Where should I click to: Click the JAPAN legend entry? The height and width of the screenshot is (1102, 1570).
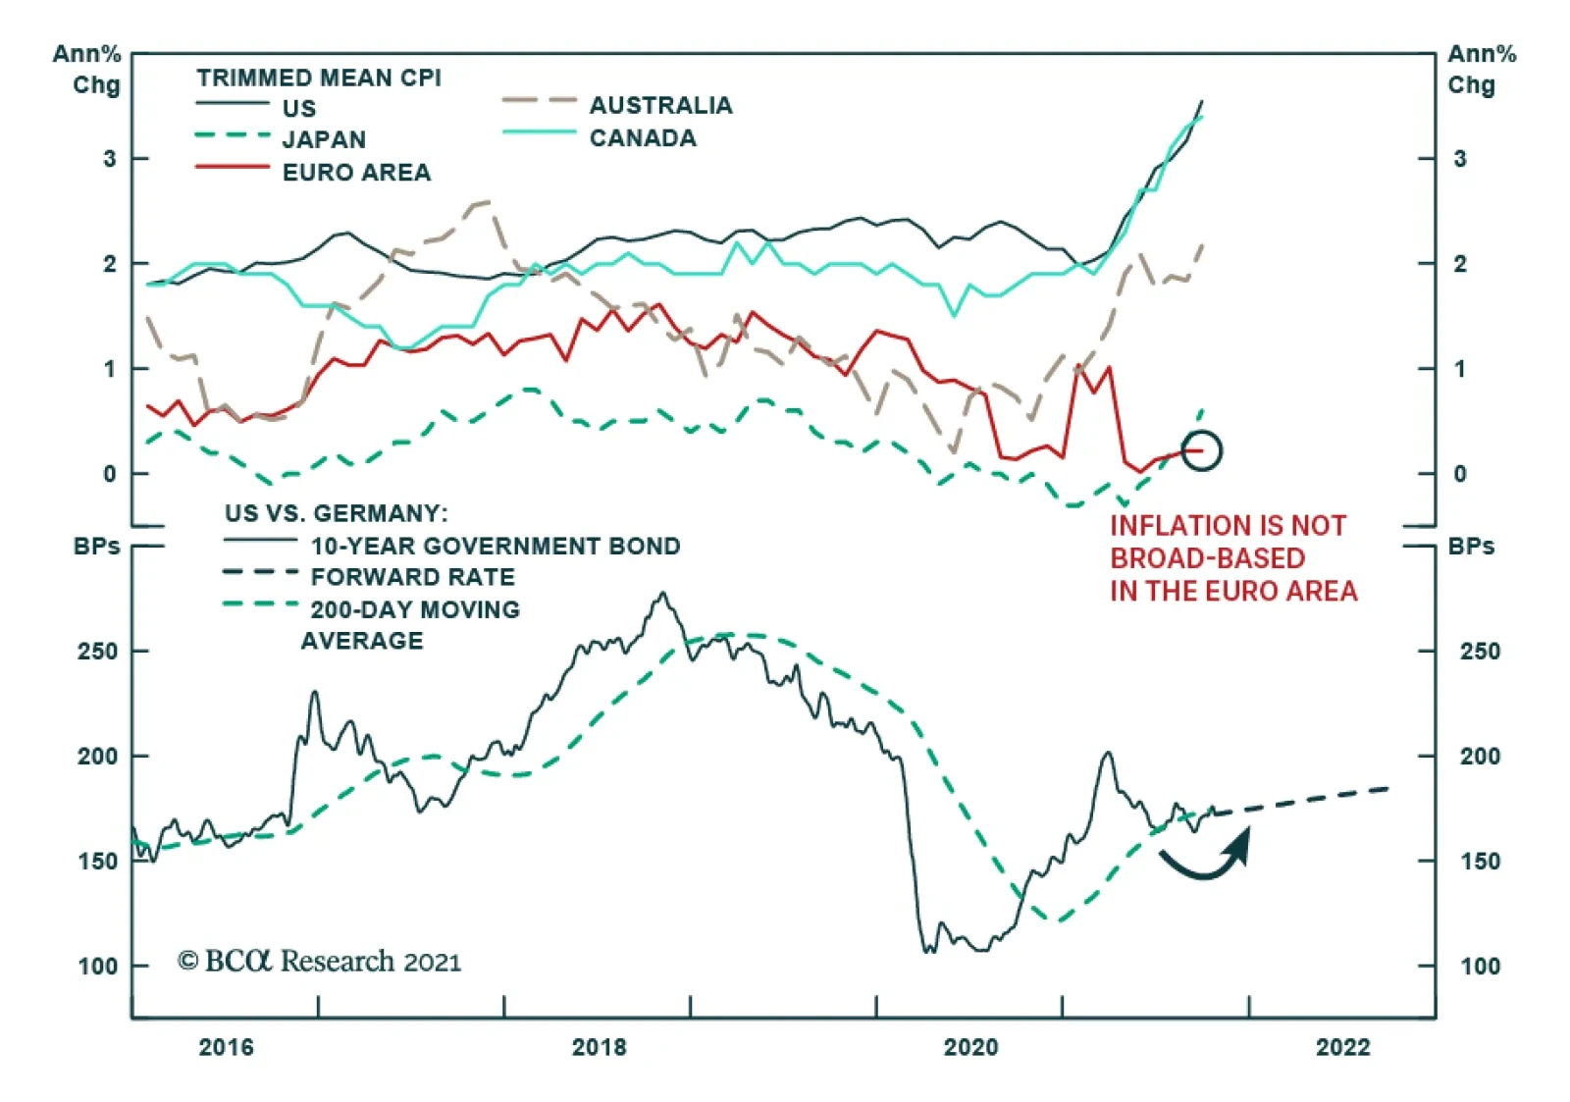coord(324,139)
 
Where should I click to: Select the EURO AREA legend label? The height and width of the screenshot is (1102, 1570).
coord(356,173)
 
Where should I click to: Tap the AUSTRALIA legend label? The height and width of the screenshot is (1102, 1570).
coord(660,106)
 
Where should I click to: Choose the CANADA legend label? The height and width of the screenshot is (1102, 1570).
coord(643,138)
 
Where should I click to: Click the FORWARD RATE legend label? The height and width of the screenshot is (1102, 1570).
coord(412,577)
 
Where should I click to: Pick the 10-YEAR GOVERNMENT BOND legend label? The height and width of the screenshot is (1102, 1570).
coord(496,546)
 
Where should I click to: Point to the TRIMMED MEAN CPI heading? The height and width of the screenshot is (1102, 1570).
coord(319,78)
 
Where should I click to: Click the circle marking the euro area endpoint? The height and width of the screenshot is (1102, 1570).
coord(1201,451)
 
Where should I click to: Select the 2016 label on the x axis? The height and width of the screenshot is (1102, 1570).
coord(226,1047)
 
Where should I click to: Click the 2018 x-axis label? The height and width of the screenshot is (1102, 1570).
coord(599,1047)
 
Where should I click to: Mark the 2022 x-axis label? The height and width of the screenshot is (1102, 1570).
coord(1342,1047)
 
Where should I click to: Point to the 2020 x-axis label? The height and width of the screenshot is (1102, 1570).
coord(970,1047)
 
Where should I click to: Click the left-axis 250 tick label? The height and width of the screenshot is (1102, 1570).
coord(97,652)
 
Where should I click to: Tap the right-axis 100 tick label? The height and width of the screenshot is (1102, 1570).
coord(1479,967)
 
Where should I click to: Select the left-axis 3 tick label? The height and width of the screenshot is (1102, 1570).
coord(109,159)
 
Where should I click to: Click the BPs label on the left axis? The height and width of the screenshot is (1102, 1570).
coord(96,547)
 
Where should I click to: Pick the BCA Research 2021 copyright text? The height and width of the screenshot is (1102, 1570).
coord(319,961)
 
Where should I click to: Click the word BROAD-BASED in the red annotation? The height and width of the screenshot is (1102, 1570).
coord(1207,558)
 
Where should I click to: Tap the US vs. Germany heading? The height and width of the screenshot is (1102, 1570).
coord(336,513)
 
